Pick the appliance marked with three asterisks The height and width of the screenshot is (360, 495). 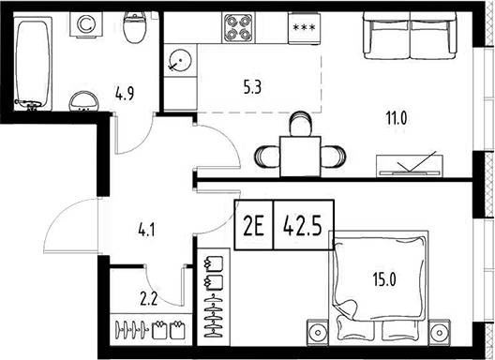(x=304, y=29)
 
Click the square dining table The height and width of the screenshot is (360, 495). (x=299, y=155)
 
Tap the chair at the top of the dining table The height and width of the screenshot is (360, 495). (x=299, y=124)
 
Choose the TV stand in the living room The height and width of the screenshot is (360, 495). (x=410, y=167)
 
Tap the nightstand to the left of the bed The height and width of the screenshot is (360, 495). (x=319, y=332)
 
